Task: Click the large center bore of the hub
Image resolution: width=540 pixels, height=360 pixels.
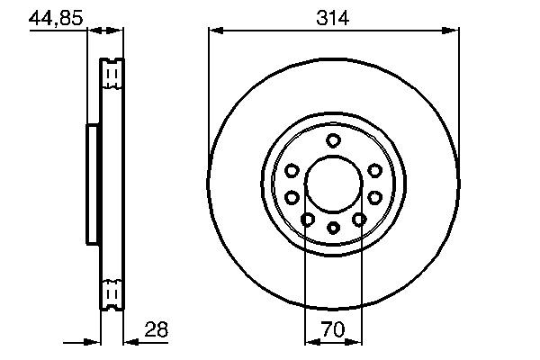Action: tap(332, 184)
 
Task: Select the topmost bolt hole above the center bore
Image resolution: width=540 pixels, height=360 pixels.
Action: tap(333, 139)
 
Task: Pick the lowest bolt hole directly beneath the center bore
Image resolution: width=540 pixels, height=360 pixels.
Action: tap(332, 227)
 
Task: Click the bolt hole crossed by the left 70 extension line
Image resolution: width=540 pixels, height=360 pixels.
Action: tap(307, 219)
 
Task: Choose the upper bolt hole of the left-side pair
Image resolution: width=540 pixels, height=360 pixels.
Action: tap(292, 171)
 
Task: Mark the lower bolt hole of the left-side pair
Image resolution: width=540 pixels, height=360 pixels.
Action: tap(292, 196)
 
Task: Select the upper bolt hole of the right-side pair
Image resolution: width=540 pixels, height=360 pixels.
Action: tap(373, 171)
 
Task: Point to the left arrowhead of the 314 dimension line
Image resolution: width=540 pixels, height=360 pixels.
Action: tap(214, 31)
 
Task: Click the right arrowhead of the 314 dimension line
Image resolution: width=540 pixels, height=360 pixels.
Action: tap(454, 31)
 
